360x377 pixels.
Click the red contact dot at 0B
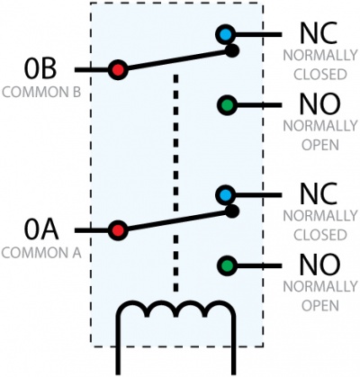point(118,70)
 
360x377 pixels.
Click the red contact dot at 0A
point(118,230)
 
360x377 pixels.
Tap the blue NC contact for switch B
point(225,34)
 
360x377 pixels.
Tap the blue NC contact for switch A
point(225,195)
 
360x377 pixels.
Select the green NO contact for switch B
point(227,105)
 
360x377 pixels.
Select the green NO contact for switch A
point(227,265)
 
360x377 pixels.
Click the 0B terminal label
point(40,69)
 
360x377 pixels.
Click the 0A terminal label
point(41,230)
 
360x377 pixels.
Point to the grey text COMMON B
point(41,92)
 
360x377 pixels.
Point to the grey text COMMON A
point(41,253)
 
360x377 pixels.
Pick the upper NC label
point(319,33)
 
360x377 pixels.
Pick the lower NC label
point(319,194)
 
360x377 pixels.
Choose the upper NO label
point(319,104)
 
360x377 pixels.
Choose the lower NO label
point(319,265)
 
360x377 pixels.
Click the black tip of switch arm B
point(232,50)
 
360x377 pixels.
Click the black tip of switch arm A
point(232,211)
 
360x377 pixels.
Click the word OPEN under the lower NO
point(320,306)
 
